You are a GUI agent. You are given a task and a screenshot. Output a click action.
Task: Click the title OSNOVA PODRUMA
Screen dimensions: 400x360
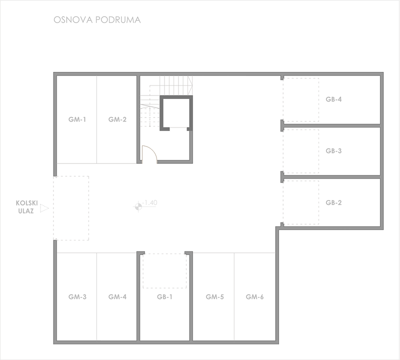[x=97, y=20]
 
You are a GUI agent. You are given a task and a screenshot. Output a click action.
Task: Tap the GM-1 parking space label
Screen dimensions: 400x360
[x=77, y=119]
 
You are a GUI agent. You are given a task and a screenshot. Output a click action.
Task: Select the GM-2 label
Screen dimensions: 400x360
[x=117, y=119]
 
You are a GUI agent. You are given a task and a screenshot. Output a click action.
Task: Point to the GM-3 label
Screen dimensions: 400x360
[x=77, y=296]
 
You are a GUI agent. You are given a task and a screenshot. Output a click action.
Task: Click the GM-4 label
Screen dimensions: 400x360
[x=117, y=296]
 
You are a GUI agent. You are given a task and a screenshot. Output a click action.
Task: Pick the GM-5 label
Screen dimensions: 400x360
[x=215, y=296]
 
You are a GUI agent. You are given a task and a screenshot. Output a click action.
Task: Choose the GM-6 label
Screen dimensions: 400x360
[x=254, y=296]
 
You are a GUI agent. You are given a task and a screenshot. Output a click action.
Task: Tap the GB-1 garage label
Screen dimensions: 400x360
[x=164, y=296]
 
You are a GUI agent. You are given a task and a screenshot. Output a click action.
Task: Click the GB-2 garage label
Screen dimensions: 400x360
[x=333, y=202]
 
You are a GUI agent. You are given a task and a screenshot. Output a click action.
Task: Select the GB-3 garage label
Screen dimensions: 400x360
[x=333, y=151]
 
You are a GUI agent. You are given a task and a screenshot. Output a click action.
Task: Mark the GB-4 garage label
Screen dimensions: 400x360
[x=333, y=99]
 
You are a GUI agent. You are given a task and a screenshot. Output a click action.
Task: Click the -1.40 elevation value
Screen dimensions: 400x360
[x=149, y=203]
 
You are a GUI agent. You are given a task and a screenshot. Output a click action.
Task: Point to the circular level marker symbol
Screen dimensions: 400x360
[x=138, y=206]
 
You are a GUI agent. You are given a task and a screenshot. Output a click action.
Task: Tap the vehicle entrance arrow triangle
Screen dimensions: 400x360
[x=44, y=208]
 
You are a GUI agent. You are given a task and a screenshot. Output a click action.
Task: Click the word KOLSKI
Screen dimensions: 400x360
[x=27, y=203]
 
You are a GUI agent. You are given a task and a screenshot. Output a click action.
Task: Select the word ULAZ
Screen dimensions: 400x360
[x=26, y=211]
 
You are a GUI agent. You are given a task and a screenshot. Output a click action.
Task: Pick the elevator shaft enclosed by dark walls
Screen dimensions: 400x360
[x=176, y=113]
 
